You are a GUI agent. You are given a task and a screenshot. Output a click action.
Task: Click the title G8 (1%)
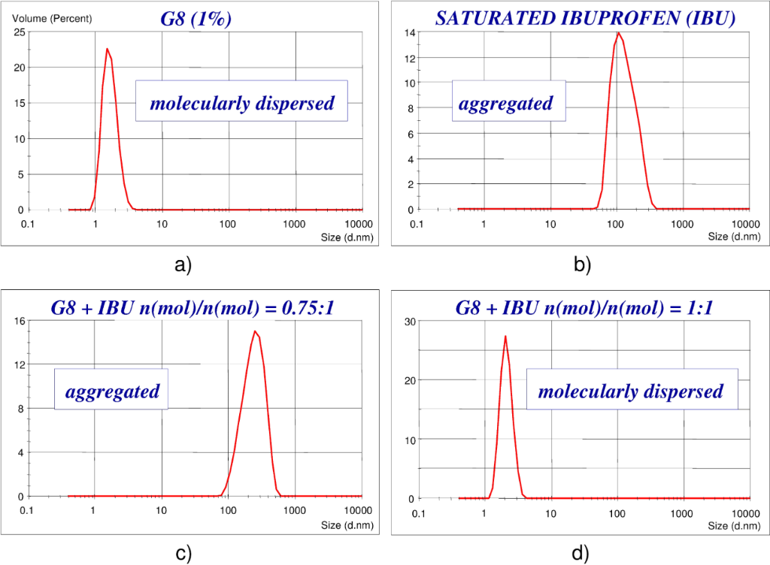[196, 18]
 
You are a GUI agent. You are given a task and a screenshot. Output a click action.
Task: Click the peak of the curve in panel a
[107, 49]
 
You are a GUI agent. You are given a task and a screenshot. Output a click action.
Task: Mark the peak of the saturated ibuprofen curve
[618, 32]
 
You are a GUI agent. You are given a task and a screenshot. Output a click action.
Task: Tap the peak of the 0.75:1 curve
[255, 331]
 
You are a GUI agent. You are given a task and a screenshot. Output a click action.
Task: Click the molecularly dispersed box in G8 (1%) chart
[241, 103]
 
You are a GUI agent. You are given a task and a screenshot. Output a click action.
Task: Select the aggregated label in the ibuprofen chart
[506, 103]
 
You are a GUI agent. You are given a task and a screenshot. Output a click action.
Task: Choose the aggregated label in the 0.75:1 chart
[113, 391]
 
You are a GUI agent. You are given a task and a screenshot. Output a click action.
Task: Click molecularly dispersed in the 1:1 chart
[631, 391]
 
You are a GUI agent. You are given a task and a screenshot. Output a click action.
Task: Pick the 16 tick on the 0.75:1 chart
[19, 321]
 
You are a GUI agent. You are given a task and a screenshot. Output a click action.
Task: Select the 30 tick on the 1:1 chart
[411, 321]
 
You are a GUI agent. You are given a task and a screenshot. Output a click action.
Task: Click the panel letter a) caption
[183, 264]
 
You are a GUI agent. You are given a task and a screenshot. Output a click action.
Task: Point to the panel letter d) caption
[579, 554]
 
